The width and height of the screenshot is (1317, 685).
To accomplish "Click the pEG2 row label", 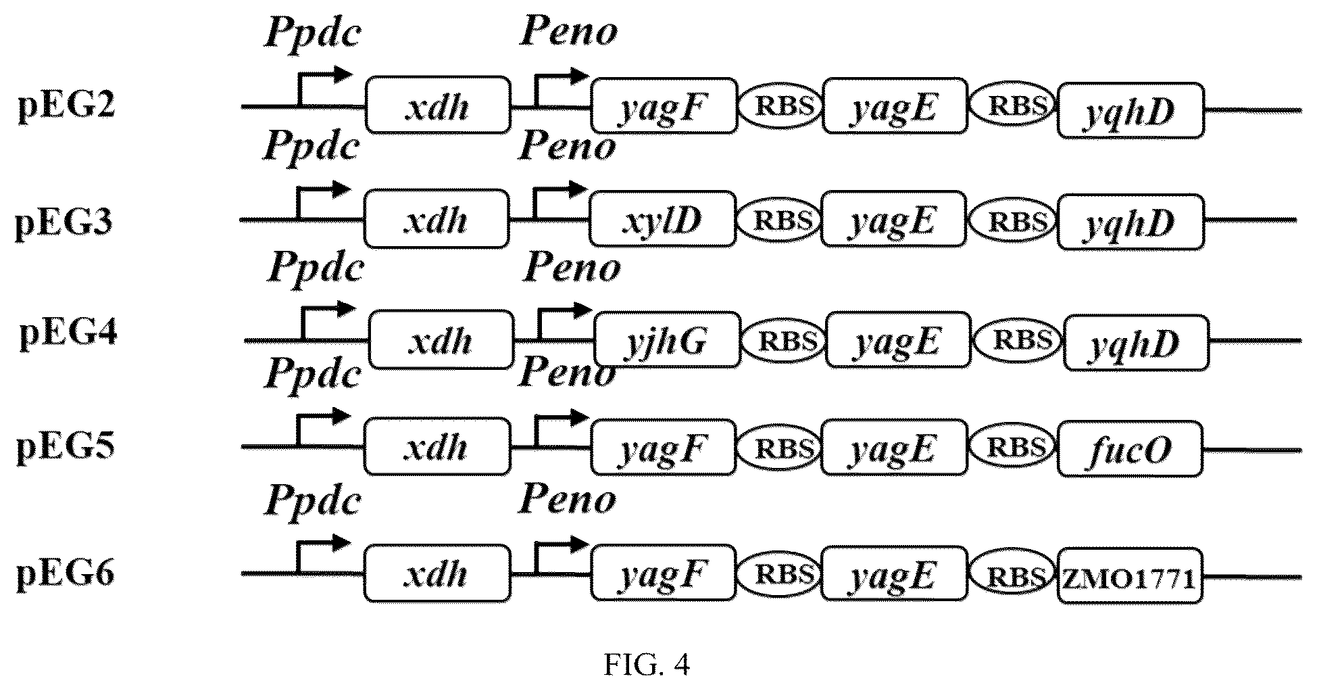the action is pyautogui.click(x=66, y=106).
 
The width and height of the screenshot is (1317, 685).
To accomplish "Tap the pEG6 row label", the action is pyautogui.click(x=66, y=575).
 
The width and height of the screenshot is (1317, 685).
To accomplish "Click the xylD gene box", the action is pyautogui.click(x=662, y=220).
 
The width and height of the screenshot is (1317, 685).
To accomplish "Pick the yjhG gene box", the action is pyautogui.click(x=667, y=340).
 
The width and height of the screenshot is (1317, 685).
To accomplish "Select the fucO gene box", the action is pyautogui.click(x=1130, y=449).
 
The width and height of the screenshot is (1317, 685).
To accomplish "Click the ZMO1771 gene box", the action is pyautogui.click(x=1130, y=576).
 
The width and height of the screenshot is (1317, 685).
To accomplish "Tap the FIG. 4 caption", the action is pyautogui.click(x=647, y=665).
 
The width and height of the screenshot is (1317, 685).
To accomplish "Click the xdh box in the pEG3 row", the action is pyautogui.click(x=437, y=219).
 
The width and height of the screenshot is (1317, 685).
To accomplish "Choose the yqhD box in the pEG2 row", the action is pyautogui.click(x=1130, y=111).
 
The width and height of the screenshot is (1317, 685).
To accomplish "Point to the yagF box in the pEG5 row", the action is pyautogui.click(x=664, y=447).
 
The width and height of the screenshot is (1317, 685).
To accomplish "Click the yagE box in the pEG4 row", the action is pyautogui.click(x=898, y=340).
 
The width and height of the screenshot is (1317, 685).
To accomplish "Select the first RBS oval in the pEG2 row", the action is pyautogui.click(x=780, y=107).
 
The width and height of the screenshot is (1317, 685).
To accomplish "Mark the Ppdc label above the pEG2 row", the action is pyautogui.click(x=311, y=30).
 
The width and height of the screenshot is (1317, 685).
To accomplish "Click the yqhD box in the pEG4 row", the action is pyautogui.click(x=1136, y=341).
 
